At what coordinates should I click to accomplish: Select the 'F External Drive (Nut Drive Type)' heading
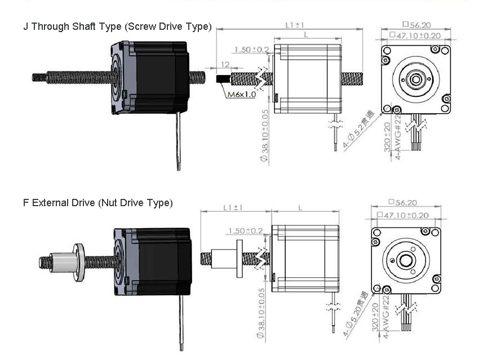[x=97, y=203]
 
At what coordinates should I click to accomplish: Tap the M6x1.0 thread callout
[x=242, y=94]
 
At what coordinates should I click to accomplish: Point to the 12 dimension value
[x=225, y=65]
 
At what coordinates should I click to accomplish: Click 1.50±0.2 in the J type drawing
[x=251, y=50]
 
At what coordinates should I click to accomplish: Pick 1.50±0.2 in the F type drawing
[x=246, y=231]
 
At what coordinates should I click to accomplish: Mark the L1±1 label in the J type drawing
[x=294, y=25]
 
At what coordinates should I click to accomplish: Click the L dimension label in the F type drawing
[x=300, y=207]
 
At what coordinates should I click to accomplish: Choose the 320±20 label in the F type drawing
[x=387, y=320]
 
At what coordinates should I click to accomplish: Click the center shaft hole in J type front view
[x=416, y=79]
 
